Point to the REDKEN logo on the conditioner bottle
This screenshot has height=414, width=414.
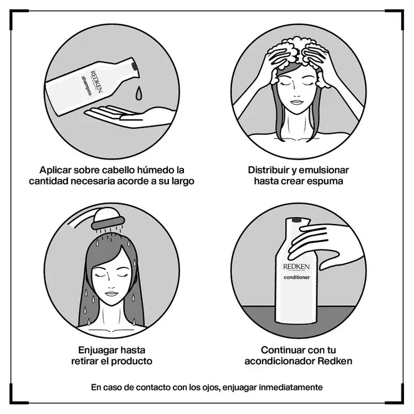point(297,266)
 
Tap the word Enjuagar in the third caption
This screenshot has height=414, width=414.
point(98,349)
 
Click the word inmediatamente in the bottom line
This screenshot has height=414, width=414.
point(292,387)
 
